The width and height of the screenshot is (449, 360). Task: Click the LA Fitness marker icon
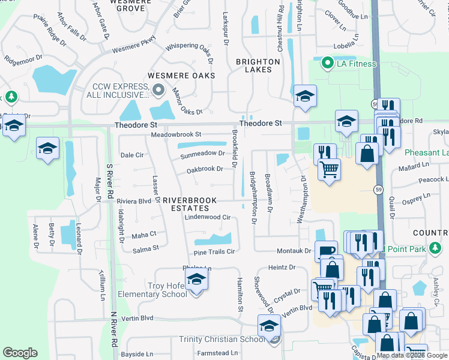327,63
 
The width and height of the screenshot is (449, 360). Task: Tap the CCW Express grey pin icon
158,91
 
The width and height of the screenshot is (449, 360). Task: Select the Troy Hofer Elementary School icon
196,280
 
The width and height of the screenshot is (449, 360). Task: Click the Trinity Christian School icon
270,326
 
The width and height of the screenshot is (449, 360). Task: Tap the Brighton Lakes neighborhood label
258,65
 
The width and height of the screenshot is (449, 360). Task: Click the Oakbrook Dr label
205,170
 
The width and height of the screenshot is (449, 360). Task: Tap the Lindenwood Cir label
207,217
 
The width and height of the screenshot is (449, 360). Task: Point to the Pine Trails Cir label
214,252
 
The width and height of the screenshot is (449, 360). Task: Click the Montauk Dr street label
294,251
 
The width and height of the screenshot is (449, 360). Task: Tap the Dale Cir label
132,155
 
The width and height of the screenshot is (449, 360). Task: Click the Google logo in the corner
20,353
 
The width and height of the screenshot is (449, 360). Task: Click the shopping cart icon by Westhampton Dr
328,170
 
